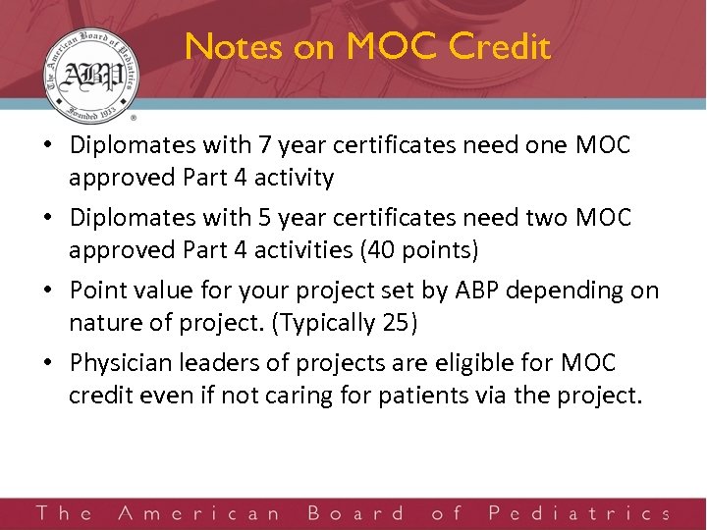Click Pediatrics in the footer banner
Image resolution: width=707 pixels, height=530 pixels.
coord(578,512)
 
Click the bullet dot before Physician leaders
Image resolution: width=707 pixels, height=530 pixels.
coord(47,364)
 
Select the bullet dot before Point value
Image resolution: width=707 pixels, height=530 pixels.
coord(47,291)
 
